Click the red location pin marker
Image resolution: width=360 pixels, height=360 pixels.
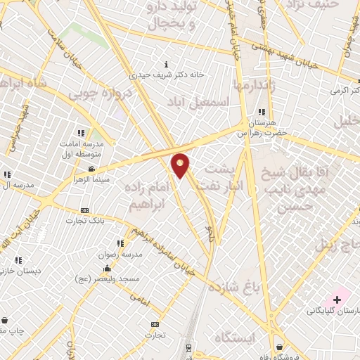point(181,165)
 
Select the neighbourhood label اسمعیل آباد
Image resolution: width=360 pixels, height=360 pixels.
point(198,102)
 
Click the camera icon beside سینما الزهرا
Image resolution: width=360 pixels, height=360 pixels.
point(92,169)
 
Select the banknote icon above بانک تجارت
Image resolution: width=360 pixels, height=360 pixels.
point(85,210)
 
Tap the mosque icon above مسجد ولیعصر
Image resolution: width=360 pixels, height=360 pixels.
point(107,268)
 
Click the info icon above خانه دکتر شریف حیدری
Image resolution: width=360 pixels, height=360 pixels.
point(165,64)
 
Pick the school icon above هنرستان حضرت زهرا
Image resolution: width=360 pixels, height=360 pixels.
point(262,112)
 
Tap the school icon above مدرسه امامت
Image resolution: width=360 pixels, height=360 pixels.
point(82,132)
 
